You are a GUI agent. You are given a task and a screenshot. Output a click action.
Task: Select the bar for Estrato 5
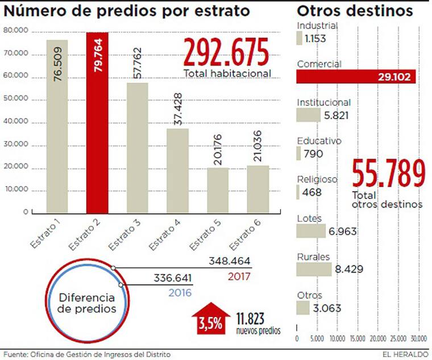(x=218, y=190)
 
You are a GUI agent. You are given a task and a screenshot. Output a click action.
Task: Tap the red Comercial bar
(x=356, y=77)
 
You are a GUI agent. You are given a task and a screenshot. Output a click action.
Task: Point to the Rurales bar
(x=314, y=268)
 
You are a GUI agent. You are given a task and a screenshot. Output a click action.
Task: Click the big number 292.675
(x=226, y=53)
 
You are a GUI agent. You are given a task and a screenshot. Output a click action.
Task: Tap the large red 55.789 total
(x=388, y=174)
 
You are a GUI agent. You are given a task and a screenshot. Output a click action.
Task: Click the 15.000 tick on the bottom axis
(x=358, y=338)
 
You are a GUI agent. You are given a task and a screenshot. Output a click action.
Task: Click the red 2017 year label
(x=239, y=277)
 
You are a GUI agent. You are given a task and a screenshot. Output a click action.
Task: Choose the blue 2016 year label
(x=180, y=293)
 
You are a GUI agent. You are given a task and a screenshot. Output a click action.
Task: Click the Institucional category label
(x=323, y=102)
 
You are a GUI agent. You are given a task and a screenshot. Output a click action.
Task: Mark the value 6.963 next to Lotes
(x=342, y=231)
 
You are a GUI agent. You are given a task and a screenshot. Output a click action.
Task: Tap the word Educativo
(x=319, y=140)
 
